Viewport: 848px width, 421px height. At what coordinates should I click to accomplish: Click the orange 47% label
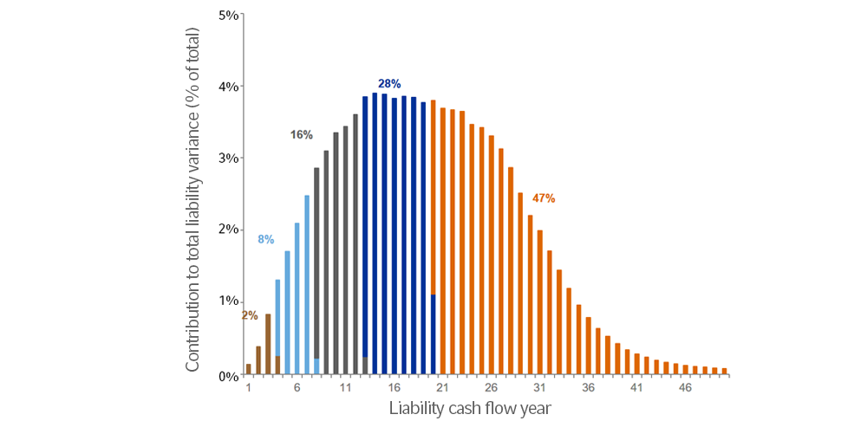[544, 198]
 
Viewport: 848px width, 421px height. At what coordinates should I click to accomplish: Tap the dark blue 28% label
[389, 84]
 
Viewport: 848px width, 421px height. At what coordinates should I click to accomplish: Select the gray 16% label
[301, 135]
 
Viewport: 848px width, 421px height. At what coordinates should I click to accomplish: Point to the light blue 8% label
[266, 239]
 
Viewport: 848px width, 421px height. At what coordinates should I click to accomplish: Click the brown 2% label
[250, 315]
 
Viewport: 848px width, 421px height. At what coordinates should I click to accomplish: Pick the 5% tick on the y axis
[229, 16]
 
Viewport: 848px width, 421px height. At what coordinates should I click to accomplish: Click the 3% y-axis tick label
[229, 159]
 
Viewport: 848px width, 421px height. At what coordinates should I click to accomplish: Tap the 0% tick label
[229, 376]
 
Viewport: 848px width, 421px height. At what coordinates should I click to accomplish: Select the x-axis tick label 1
[249, 389]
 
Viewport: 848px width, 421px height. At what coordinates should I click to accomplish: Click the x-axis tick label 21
[442, 389]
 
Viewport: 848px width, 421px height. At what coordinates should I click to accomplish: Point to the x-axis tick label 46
[684, 389]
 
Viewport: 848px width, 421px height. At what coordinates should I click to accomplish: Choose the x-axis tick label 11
[345, 389]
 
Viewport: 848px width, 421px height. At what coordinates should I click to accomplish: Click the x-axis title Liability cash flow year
[469, 407]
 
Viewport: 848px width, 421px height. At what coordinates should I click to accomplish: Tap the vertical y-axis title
[192, 200]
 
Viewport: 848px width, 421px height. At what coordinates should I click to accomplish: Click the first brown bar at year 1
[249, 369]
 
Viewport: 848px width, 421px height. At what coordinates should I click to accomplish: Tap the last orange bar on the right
[724, 371]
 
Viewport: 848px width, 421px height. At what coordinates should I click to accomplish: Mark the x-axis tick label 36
[588, 389]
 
